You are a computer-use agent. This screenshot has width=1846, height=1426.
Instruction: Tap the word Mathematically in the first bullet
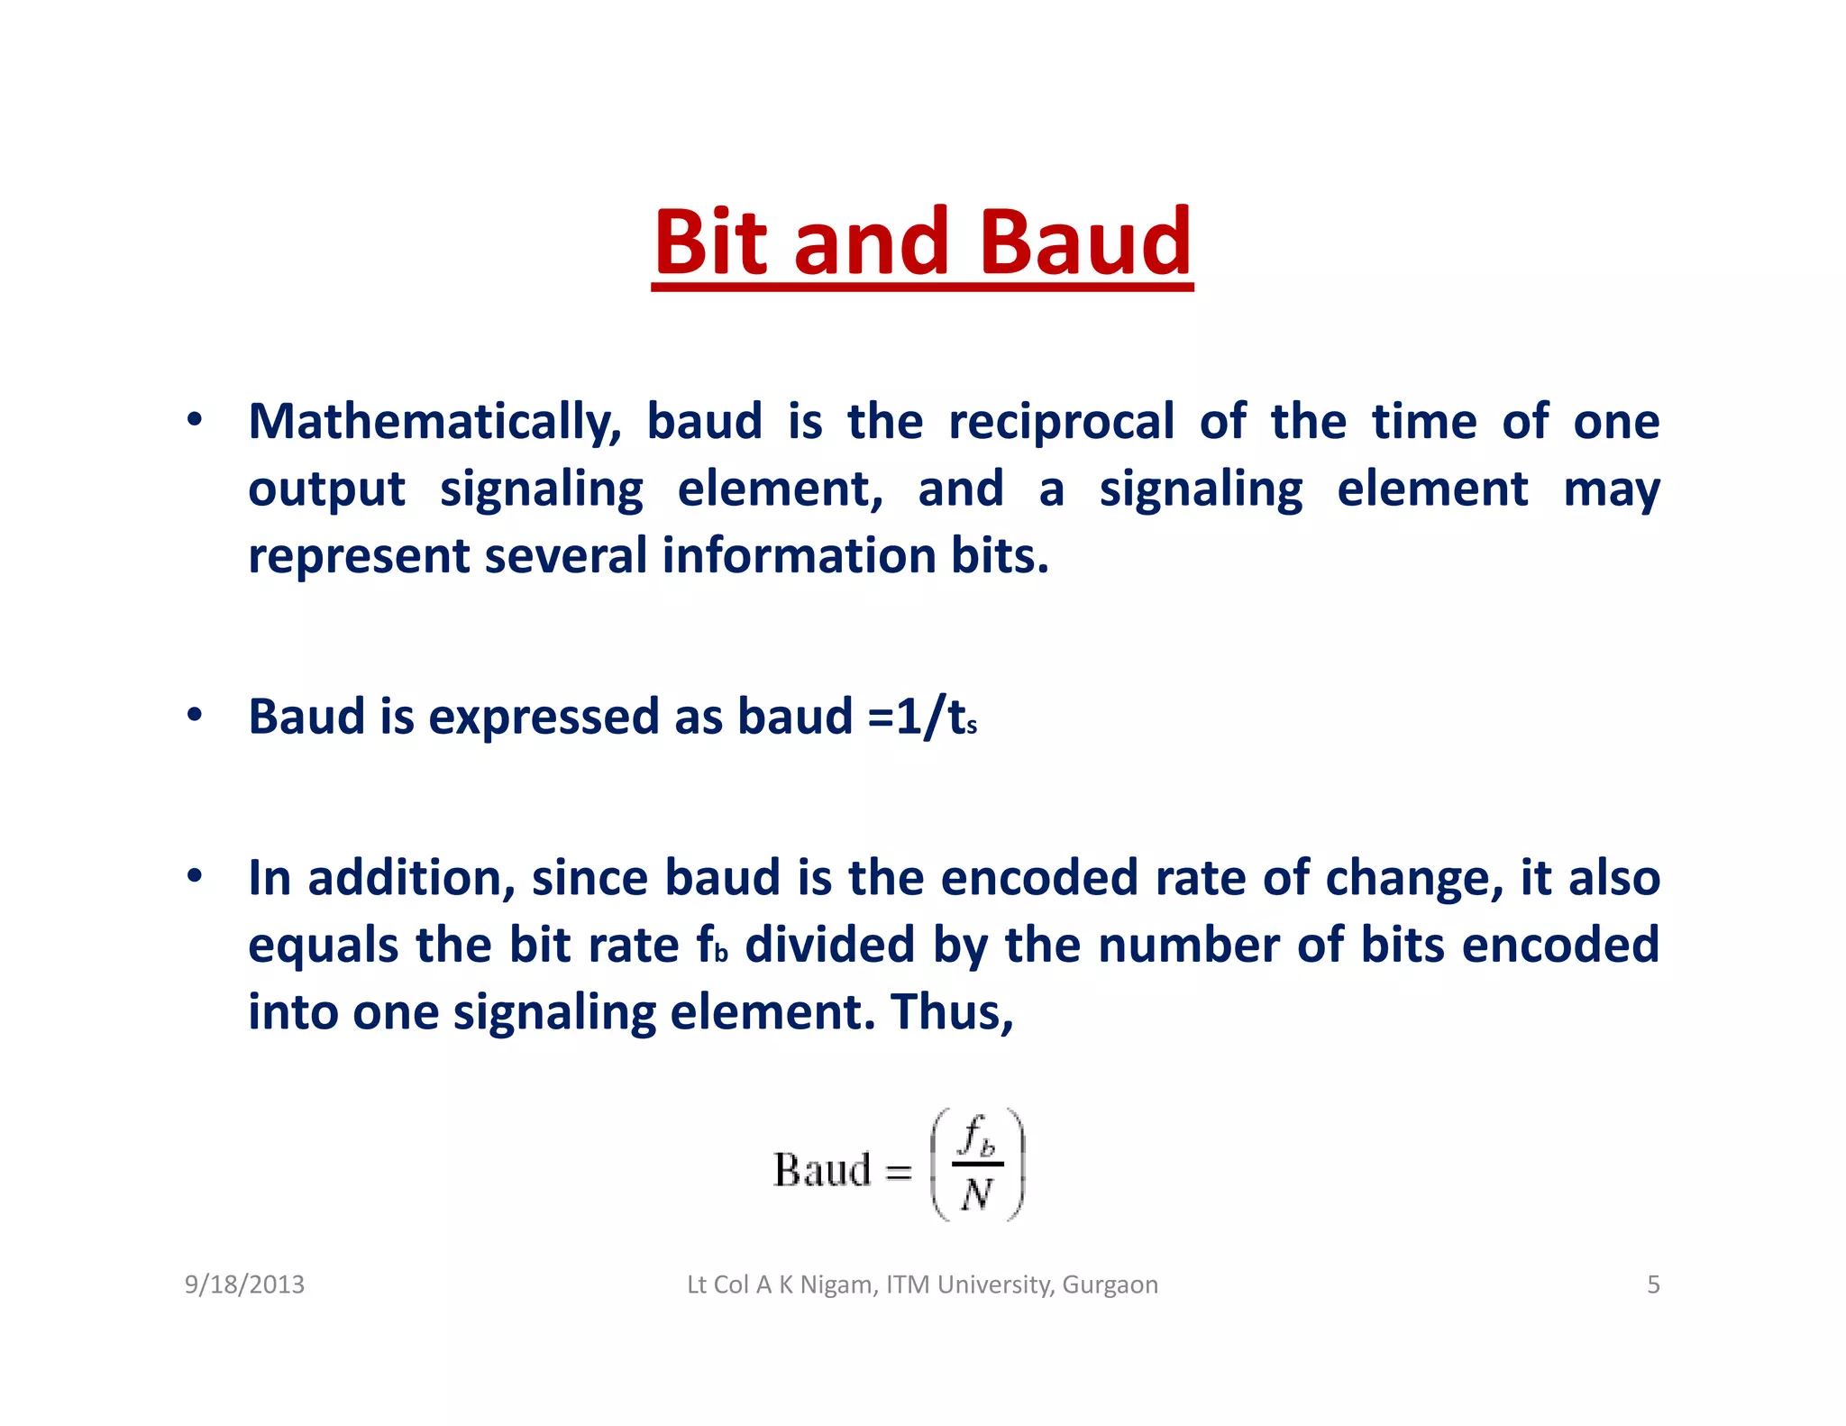tap(434, 422)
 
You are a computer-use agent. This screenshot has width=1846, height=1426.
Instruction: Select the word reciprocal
tap(1061, 422)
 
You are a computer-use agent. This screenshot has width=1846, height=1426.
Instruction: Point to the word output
tap(326, 489)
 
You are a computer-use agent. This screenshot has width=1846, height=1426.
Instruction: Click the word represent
tap(359, 556)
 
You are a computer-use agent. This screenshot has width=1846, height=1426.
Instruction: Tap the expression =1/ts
tap(921, 718)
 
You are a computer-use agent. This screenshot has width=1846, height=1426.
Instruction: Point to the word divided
tap(830, 945)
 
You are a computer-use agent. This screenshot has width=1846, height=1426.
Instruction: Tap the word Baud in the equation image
tap(822, 1170)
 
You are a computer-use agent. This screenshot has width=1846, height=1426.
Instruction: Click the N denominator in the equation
tap(976, 1195)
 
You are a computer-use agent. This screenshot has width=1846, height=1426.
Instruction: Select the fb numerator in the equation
tap(977, 1137)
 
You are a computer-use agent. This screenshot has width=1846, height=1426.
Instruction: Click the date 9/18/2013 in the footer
tap(244, 1284)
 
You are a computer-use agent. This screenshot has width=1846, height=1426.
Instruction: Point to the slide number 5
tap(1653, 1284)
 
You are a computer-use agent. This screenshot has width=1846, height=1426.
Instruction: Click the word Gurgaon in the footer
tap(1110, 1284)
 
